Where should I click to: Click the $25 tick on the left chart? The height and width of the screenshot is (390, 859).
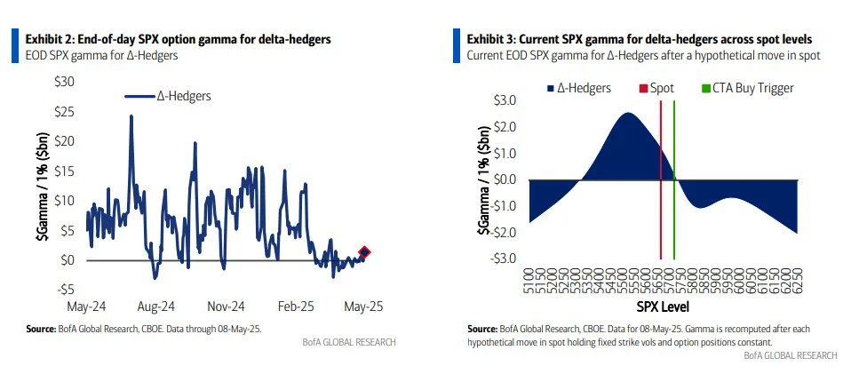pyautogui.click(x=63, y=111)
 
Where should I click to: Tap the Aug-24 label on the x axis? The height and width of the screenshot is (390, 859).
pyautogui.click(x=156, y=306)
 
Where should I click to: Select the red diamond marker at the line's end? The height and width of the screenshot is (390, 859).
pyautogui.click(x=365, y=252)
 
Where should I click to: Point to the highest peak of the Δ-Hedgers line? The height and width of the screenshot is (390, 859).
pyautogui.click(x=131, y=116)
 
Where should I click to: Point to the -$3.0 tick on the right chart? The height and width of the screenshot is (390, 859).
pyautogui.click(x=503, y=259)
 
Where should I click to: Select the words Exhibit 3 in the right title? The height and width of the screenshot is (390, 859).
pyautogui.click(x=494, y=40)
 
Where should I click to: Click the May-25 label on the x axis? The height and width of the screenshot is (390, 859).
pyautogui.click(x=363, y=306)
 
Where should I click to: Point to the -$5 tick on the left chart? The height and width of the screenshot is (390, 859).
pyautogui.click(x=65, y=290)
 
